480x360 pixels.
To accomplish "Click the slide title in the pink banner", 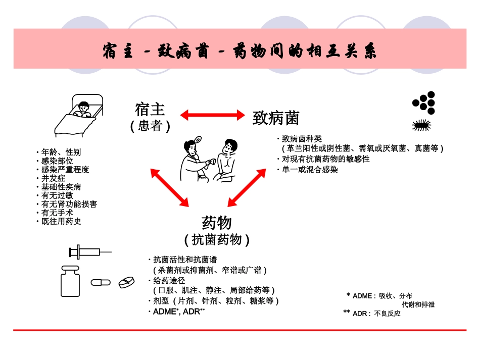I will point(239,52).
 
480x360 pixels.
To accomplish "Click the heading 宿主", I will point(150,110).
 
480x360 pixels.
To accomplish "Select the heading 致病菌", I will point(276,118).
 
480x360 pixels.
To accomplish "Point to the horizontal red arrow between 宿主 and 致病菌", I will point(213,115).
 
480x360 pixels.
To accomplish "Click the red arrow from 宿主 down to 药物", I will point(169,188).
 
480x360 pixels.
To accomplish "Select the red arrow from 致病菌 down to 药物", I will point(247,188).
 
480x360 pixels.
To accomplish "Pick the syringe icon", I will point(90,251).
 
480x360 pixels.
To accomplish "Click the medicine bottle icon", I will point(70,281).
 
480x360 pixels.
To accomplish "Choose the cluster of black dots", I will point(424,102).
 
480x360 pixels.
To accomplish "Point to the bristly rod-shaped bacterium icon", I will point(421,126).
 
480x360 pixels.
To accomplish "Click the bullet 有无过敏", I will point(57,195).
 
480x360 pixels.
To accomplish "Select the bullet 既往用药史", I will point(61,221).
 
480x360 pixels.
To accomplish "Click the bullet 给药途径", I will point(169,280).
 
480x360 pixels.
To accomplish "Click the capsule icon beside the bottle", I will point(101,282).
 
